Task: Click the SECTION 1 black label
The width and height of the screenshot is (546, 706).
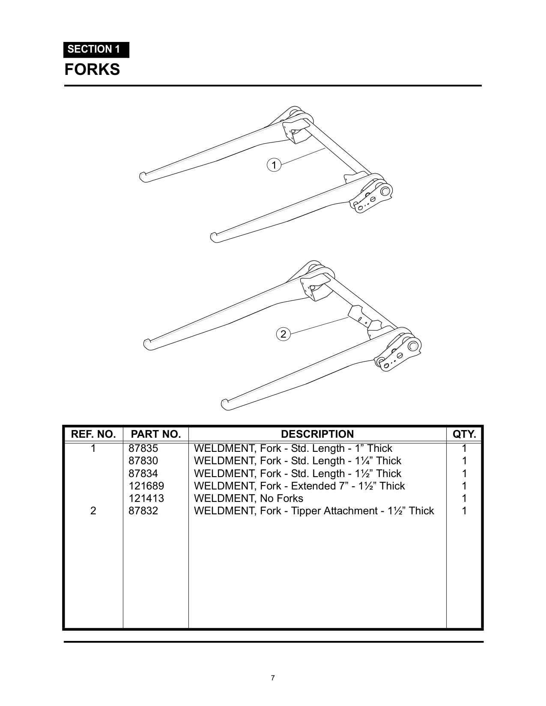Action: (x=96, y=50)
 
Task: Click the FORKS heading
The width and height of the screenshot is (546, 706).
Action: (x=92, y=69)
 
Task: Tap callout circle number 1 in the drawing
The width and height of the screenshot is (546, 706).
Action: (x=274, y=165)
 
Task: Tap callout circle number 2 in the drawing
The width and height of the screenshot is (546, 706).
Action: (x=283, y=334)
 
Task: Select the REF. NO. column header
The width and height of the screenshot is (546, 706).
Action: (x=93, y=434)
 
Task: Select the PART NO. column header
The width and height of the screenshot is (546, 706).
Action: (x=156, y=434)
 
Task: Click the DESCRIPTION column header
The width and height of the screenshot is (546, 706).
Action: (x=317, y=434)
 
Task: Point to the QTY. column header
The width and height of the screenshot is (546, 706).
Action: (x=464, y=434)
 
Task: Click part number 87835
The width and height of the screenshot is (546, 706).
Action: (x=143, y=448)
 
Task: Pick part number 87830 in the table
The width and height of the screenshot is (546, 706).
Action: (x=143, y=461)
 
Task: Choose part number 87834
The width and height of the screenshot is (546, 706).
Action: (x=143, y=473)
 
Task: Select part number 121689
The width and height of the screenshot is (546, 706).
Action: (x=146, y=486)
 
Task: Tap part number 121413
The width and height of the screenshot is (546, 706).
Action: (x=146, y=498)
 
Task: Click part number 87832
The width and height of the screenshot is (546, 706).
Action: (x=143, y=511)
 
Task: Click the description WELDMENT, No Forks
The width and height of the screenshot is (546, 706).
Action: (x=248, y=498)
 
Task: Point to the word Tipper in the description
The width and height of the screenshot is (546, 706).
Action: (x=306, y=511)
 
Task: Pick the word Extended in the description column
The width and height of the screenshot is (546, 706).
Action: (x=313, y=486)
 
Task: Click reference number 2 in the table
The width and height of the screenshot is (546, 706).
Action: (x=93, y=511)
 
